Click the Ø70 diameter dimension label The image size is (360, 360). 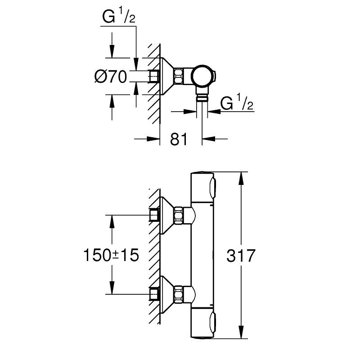(x=110, y=76)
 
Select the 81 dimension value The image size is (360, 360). (x=179, y=139)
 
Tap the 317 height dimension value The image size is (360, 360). (x=241, y=256)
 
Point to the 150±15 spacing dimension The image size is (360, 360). (x=111, y=255)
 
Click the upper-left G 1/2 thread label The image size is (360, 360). (x=119, y=17)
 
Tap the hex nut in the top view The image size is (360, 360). (x=179, y=76)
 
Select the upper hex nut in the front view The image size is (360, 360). (x=179, y=215)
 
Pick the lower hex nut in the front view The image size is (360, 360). (x=179, y=294)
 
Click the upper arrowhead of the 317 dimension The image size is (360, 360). (x=241, y=178)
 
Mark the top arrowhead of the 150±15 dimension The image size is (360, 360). (x=112, y=221)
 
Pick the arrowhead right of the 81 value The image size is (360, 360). (x=208, y=139)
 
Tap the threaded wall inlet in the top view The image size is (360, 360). (x=154, y=76)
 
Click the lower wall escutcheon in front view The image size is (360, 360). (x=167, y=294)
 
